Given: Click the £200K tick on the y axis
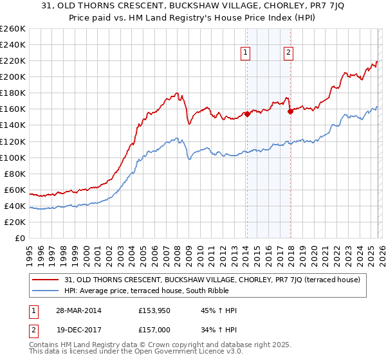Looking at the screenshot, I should (x=13, y=76).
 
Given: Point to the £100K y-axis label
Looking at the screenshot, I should (x=13, y=157).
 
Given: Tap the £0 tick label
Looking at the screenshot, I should (x=19, y=238).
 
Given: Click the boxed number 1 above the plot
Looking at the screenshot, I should (x=246, y=53).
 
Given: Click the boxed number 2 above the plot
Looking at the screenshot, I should (x=288, y=53).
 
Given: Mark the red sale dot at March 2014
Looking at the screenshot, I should (x=246, y=114).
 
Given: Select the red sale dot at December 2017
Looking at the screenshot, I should (x=289, y=111).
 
